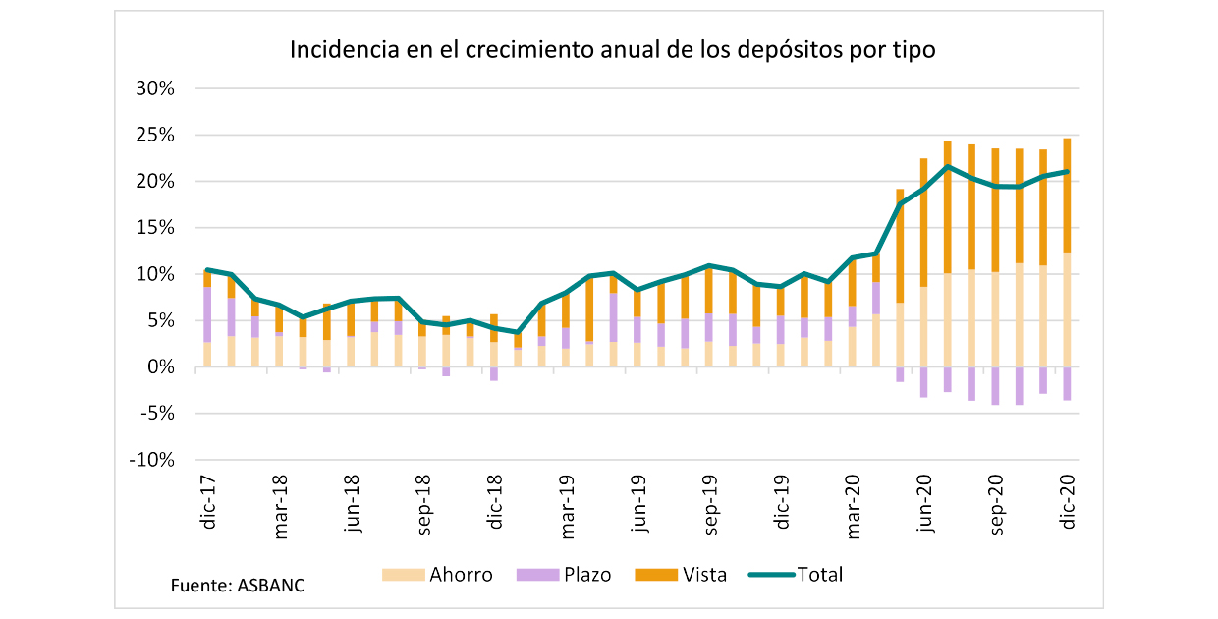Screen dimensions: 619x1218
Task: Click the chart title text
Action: (x=611, y=49)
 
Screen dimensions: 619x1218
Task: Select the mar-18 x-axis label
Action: (x=281, y=507)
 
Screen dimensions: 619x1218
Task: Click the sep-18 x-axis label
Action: (x=424, y=507)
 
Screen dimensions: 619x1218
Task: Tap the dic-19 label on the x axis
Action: (x=783, y=504)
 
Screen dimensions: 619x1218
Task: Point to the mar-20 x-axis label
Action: (x=855, y=507)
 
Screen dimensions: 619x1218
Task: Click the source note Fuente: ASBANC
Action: (x=238, y=586)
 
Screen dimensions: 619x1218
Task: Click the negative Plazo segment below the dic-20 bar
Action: (x=1067, y=383)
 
